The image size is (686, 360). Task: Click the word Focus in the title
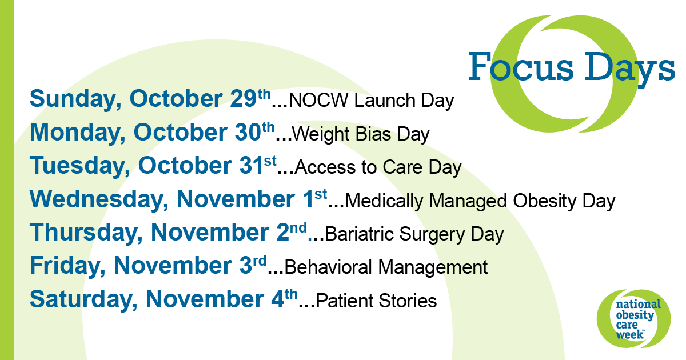[x=521, y=67]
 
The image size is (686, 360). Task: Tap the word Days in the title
[x=629, y=70]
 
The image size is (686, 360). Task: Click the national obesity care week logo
[x=633, y=318]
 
